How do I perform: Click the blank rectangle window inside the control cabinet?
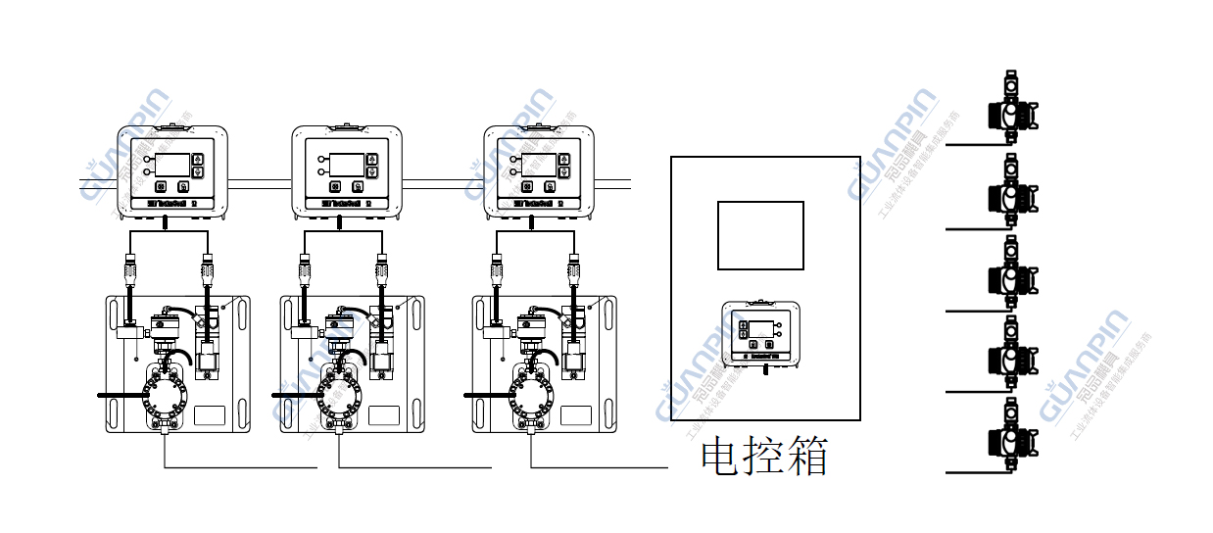pyautogui.click(x=760, y=235)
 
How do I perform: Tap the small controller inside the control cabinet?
pyautogui.click(x=760, y=333)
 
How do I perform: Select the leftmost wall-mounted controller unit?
pyautogui.click(x=172, y=172)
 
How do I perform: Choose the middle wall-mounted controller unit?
pyautogui.click(x=347, y=172)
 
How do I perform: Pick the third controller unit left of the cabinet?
pyautogui.click(x=540, y=172)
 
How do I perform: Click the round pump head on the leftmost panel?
pyautogui.click(x=163, y=397)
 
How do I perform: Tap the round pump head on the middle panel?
pyautogui.click(x=338, y=397)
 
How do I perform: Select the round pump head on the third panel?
pyautogui.click(x=530, y=397)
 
